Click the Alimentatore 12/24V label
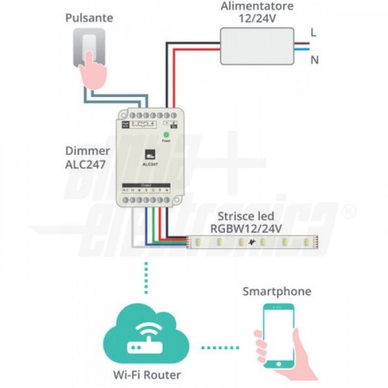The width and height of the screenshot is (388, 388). coord(256,12)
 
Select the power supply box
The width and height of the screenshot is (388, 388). coord(256,46)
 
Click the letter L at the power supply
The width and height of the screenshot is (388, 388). coord(314,31)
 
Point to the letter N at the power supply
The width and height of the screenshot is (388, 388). coord(315,60)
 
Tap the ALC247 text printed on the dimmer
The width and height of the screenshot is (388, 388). coord(150,164)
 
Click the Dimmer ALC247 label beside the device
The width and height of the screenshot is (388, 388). coord(86,158)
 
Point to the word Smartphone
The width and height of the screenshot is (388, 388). coord(276,291)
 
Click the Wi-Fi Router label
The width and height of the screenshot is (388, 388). coord(148,374)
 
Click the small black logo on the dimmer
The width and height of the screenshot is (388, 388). coord(149,153)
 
